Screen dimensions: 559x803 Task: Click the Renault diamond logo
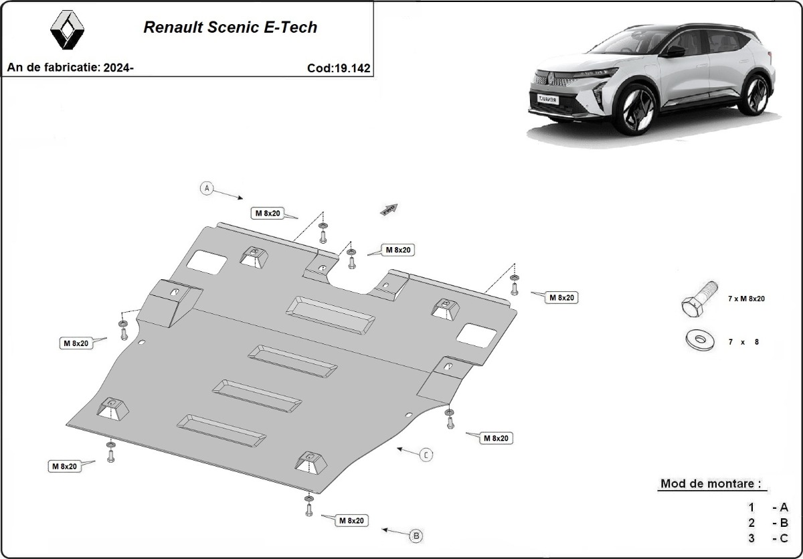point(67,30)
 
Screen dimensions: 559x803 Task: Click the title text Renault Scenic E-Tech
point(230,27)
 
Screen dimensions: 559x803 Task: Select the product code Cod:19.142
point(339,68)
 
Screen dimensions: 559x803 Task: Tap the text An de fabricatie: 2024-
point(70,68)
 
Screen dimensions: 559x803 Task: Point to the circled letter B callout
point(416,536)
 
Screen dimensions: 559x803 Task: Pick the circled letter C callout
point(426,455)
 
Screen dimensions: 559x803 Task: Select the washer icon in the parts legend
point(699,340)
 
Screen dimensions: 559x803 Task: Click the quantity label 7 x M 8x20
point(746,299)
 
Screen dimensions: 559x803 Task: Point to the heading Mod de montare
point(710,483)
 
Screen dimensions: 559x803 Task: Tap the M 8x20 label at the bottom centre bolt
point(351,520)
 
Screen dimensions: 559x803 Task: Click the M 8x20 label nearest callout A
point(268,214)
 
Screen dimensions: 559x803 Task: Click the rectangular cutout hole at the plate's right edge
point(480,335)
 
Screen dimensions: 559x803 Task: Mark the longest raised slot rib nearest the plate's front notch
point(331,314)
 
